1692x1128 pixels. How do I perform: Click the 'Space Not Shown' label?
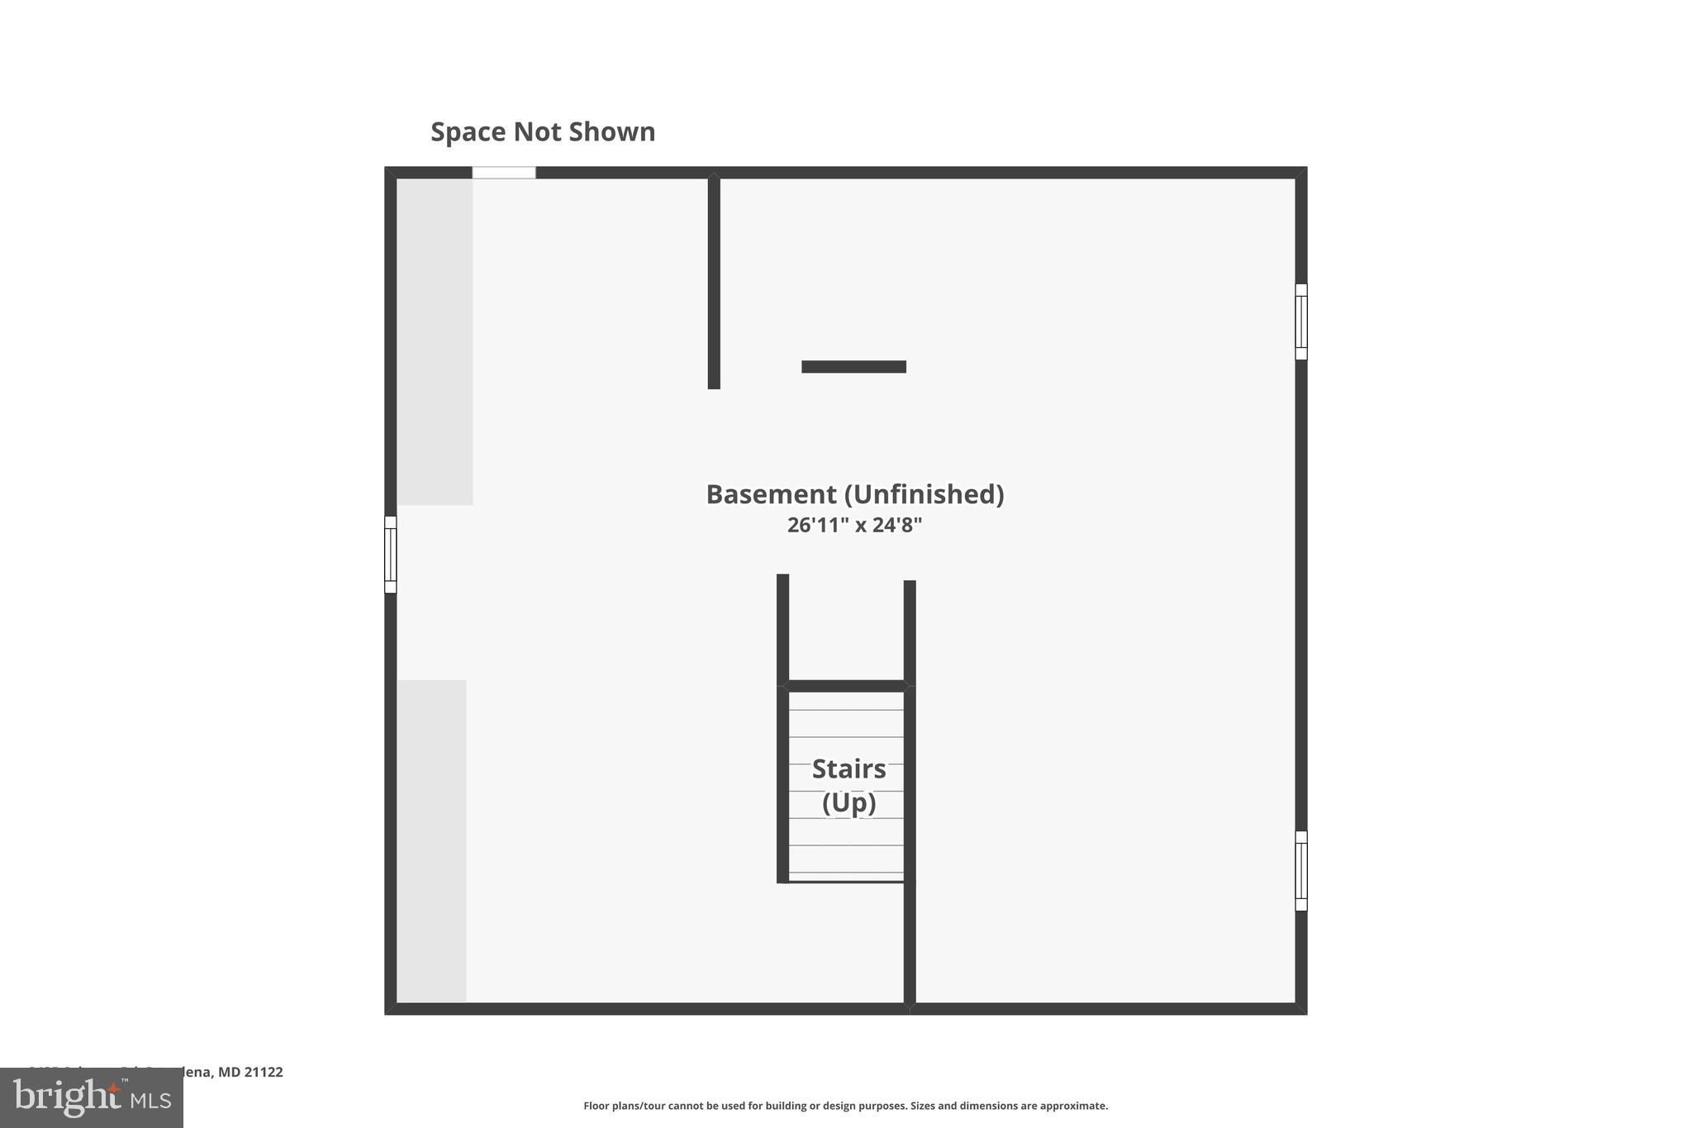(x=543, y=132)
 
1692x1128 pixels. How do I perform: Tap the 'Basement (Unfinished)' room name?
(x=854, y=494)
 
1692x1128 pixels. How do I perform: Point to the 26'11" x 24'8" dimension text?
(x=854, y=526)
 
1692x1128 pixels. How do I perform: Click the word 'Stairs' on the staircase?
(x=848, y=769)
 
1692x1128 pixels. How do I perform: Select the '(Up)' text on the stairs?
(x=848, y=802)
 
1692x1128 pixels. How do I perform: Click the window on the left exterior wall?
(x=391, y=554)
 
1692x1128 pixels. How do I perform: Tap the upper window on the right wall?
(x=1300, y=321)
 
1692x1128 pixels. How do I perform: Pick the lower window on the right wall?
(x=1300, y=870)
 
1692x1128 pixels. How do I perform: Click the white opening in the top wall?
(x=504, y=173)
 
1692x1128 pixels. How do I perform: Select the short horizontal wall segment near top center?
(x=853, y=367)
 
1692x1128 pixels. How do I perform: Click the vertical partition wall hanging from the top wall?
(x=714, y=281)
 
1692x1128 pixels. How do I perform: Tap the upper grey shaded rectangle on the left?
(x=435, y=341)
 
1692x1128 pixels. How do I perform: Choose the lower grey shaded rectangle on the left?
(x=431, y=840)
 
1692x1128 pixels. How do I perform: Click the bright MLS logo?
(x=92, y=1098)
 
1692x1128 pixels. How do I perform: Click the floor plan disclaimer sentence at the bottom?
(x=845, y=1106)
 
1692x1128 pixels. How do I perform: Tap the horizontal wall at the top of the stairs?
(x=846, y=686)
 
